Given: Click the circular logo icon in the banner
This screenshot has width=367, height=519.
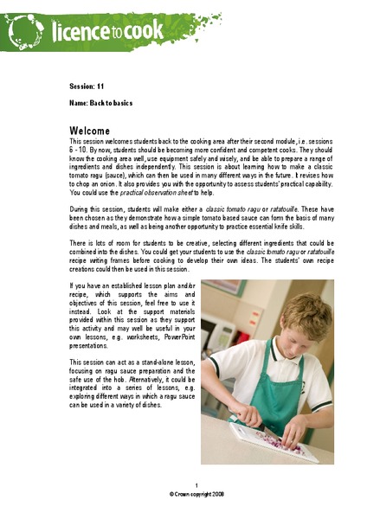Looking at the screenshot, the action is pos(29,32).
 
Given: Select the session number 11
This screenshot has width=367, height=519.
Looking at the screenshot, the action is pos(102,87).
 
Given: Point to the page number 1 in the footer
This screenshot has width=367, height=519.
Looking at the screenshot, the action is pos(196,485).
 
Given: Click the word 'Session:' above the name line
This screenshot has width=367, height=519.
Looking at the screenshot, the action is pos(82,87).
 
